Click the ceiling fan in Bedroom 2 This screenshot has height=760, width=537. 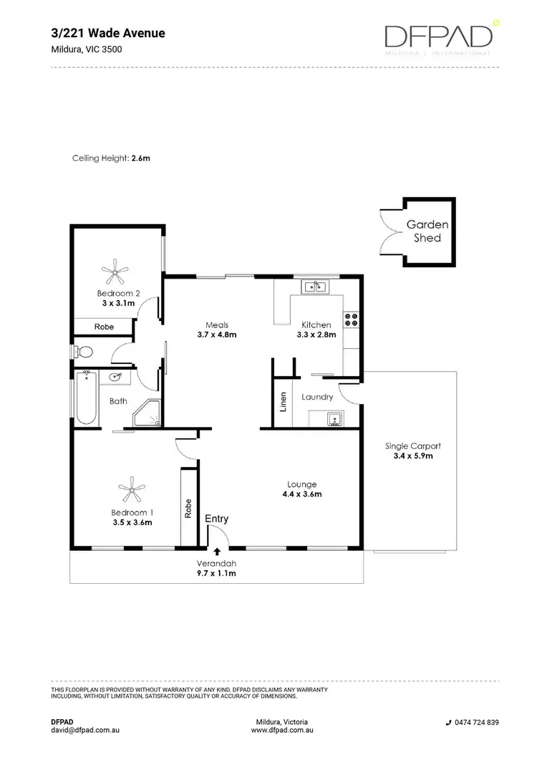115,272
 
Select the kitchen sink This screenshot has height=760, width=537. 315,288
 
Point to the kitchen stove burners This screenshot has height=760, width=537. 351,319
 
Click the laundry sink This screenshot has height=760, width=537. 333,418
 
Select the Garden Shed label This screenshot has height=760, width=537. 427,231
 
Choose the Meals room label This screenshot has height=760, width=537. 216,324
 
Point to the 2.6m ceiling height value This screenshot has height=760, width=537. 141,158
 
